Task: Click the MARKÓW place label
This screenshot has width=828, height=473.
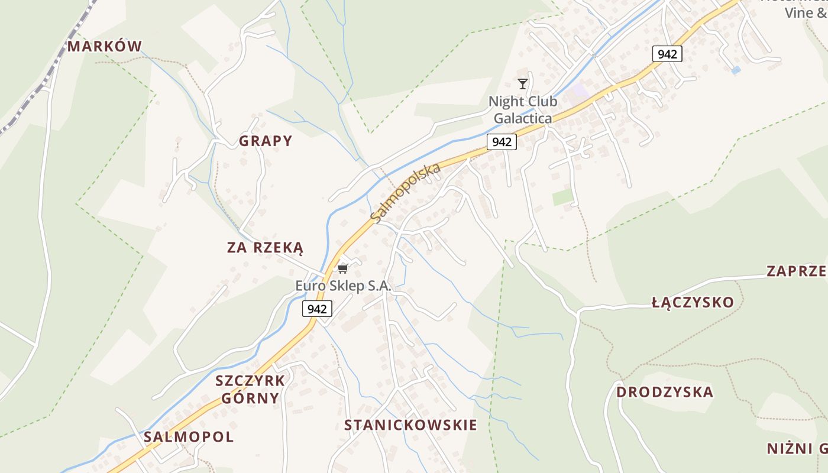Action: [105, 46]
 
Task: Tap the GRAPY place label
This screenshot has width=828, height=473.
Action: [266, 141]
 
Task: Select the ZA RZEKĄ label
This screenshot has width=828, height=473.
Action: [265, 247]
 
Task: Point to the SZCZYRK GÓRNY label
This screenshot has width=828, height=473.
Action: [250, 389]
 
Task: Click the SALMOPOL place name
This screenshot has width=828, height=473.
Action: [189, 437]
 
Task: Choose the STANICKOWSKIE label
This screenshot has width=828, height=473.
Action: [410, 425]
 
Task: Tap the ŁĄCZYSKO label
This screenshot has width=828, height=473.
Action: [693, 303]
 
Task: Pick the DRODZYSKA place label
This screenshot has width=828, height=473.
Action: [665, 392]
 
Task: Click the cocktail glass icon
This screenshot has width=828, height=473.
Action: [522, 83]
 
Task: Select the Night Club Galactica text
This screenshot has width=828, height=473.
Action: [523, 110]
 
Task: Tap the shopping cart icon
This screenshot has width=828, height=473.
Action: [342, 268]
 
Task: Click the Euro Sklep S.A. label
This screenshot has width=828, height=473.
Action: [344, 286]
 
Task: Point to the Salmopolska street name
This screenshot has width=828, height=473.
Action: [406, 193]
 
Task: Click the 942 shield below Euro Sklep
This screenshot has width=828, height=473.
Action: [317, 309]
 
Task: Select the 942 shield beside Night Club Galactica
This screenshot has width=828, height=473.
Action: [502, 142]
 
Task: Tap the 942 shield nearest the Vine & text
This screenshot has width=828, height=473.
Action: [667, 54]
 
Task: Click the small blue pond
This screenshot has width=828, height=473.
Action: [736, 70]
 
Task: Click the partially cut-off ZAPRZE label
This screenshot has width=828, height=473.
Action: [796, 271]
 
